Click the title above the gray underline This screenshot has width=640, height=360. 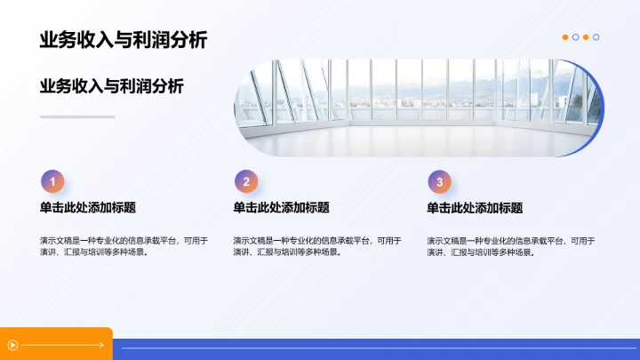pos(112,86)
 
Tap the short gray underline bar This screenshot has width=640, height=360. pos(77,116)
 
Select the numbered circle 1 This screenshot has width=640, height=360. pos(52,182)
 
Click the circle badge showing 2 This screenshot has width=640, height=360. pos(246,182)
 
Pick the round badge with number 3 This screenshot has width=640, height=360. pos(439,182)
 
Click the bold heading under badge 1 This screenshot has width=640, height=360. pos(87,208)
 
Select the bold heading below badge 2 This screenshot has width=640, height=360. pos(281,208)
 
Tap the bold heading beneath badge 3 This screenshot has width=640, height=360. pos(475,208)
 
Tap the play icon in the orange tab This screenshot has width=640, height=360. pos(12,345)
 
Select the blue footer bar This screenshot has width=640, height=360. pos(373,349)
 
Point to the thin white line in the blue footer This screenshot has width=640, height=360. pos(373,348)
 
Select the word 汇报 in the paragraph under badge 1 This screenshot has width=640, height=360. pos(70,252)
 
